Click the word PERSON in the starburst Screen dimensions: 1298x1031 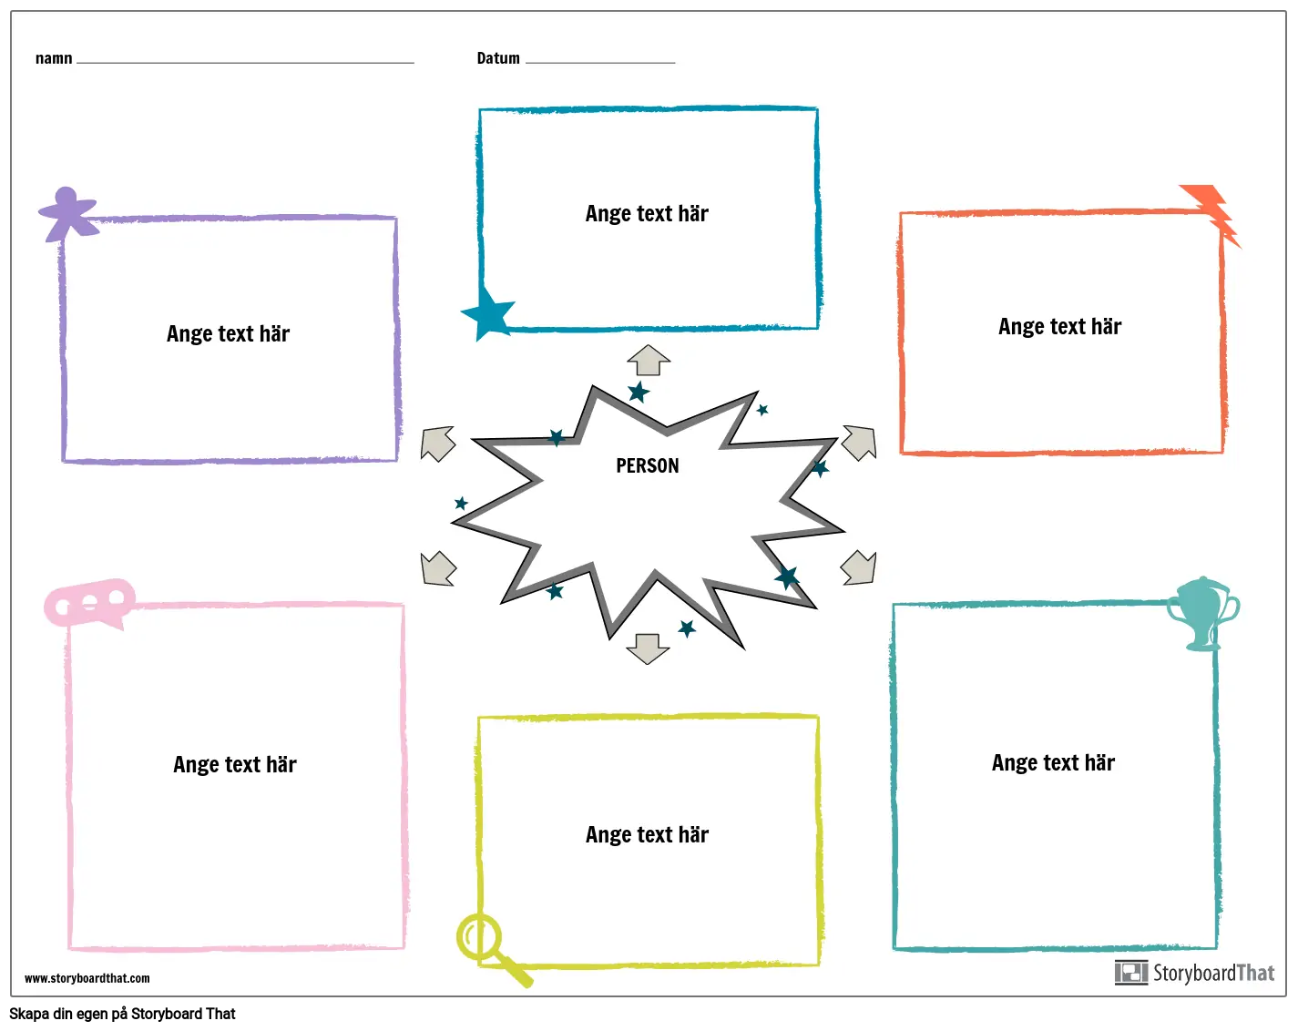648,465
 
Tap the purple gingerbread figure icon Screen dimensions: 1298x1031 68,214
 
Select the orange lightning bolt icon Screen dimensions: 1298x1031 1210,214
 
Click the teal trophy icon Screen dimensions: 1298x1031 1202,614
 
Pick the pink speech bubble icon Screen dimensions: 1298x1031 90,603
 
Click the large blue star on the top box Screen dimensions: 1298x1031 488,313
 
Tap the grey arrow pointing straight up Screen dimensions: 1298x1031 649,360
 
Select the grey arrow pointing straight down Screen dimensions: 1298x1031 648,649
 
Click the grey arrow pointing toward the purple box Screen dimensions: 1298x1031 437,444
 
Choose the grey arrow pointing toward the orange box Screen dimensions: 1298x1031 860,443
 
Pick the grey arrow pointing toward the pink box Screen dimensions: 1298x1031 437,568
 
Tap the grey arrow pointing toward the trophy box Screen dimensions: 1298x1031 858,567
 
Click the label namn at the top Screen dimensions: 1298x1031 54,58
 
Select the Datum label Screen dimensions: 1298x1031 498,58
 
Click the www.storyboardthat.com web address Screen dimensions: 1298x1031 87,978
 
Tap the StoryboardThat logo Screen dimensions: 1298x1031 1194,973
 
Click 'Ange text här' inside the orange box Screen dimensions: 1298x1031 1059,326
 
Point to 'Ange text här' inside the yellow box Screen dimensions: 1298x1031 648,835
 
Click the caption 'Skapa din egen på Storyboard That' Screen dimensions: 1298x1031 122,1014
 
